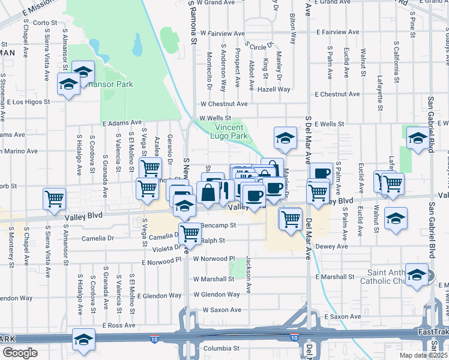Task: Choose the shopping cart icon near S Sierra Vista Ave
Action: pos(55,198)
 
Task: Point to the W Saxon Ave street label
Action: pos(221,310)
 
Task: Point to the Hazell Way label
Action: pos(274,89)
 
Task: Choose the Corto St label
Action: pos(45,23)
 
